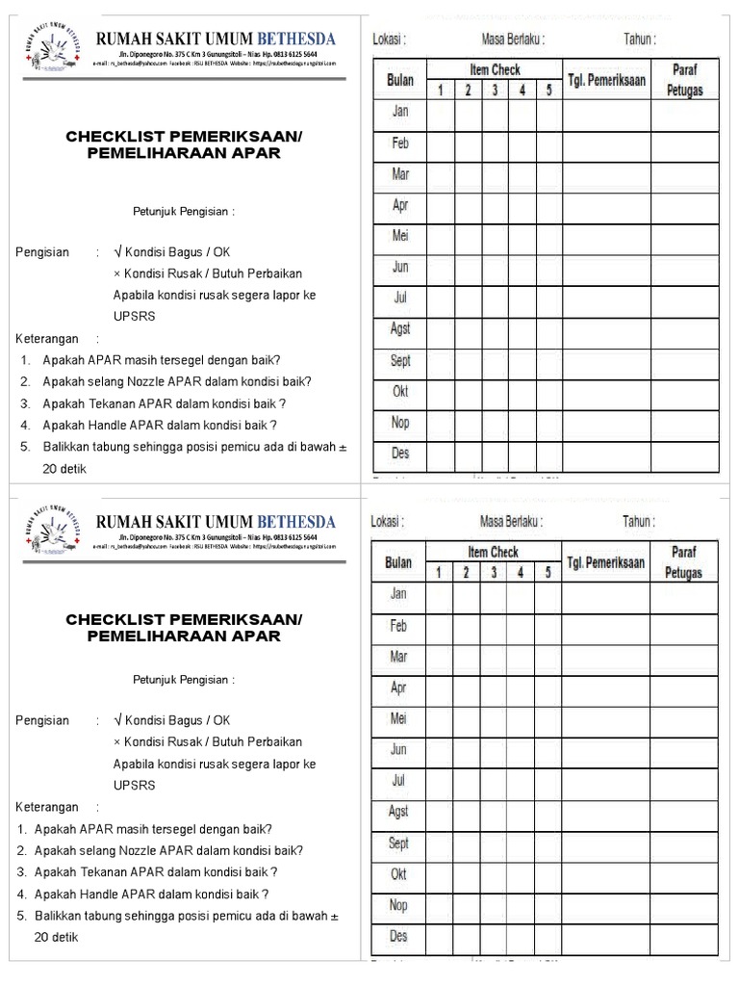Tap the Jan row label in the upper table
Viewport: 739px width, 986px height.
pyautogui.click(x=399, y=112)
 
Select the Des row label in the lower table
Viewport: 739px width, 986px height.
pyautogui.click(x=398, y=936)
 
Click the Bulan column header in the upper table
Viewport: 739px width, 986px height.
pyautogui.click(x=399, y=81)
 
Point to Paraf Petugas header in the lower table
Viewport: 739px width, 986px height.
pyautogui.click(x=683, y=561)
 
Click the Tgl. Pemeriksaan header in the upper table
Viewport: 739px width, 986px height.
pyautogui.click(x=606, y=80)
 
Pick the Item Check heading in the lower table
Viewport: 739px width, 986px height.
pyautogui.click(x=494, y=552)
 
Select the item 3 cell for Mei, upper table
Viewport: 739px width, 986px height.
pyautogui.click(x=495, y=237)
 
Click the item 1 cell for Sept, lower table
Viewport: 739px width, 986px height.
pyautogui.click(x=440, y=844)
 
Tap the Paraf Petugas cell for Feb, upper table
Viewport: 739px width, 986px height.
pyautogui.click(x=684, y=144)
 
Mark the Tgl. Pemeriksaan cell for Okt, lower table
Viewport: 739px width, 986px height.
pyautogui.click(x=606, y=875)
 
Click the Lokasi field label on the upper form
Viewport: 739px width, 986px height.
pyautogui.click(x=389, y=39)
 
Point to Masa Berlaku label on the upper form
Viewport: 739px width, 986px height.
pyautogui.click(x=513, y=39)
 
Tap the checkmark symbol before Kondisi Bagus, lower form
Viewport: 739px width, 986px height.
pyautogui.click(x=117, y=720)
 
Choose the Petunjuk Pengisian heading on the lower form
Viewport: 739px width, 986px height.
pyautogui.click(x=184, y=680)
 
